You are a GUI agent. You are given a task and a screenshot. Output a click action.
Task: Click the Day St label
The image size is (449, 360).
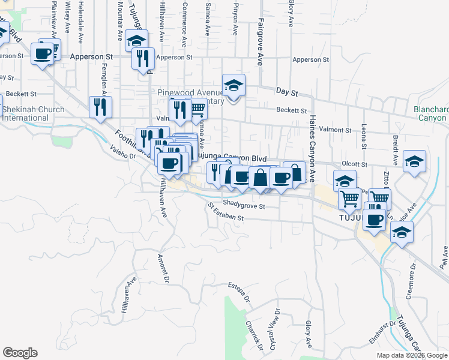coord(287,92)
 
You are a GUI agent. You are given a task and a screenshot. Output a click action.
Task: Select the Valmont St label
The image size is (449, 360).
coord(336,130)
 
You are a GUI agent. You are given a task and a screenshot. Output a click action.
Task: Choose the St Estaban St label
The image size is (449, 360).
coord(226,213)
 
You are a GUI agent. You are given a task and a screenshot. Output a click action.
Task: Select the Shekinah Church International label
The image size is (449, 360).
coord(25,114)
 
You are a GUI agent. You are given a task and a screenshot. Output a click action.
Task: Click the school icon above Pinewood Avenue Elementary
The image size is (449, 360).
coord(234,86)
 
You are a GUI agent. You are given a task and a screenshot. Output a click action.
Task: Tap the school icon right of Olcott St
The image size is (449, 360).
coord(414,161)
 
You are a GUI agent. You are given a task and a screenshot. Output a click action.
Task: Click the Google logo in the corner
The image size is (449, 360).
coord(20,353)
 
